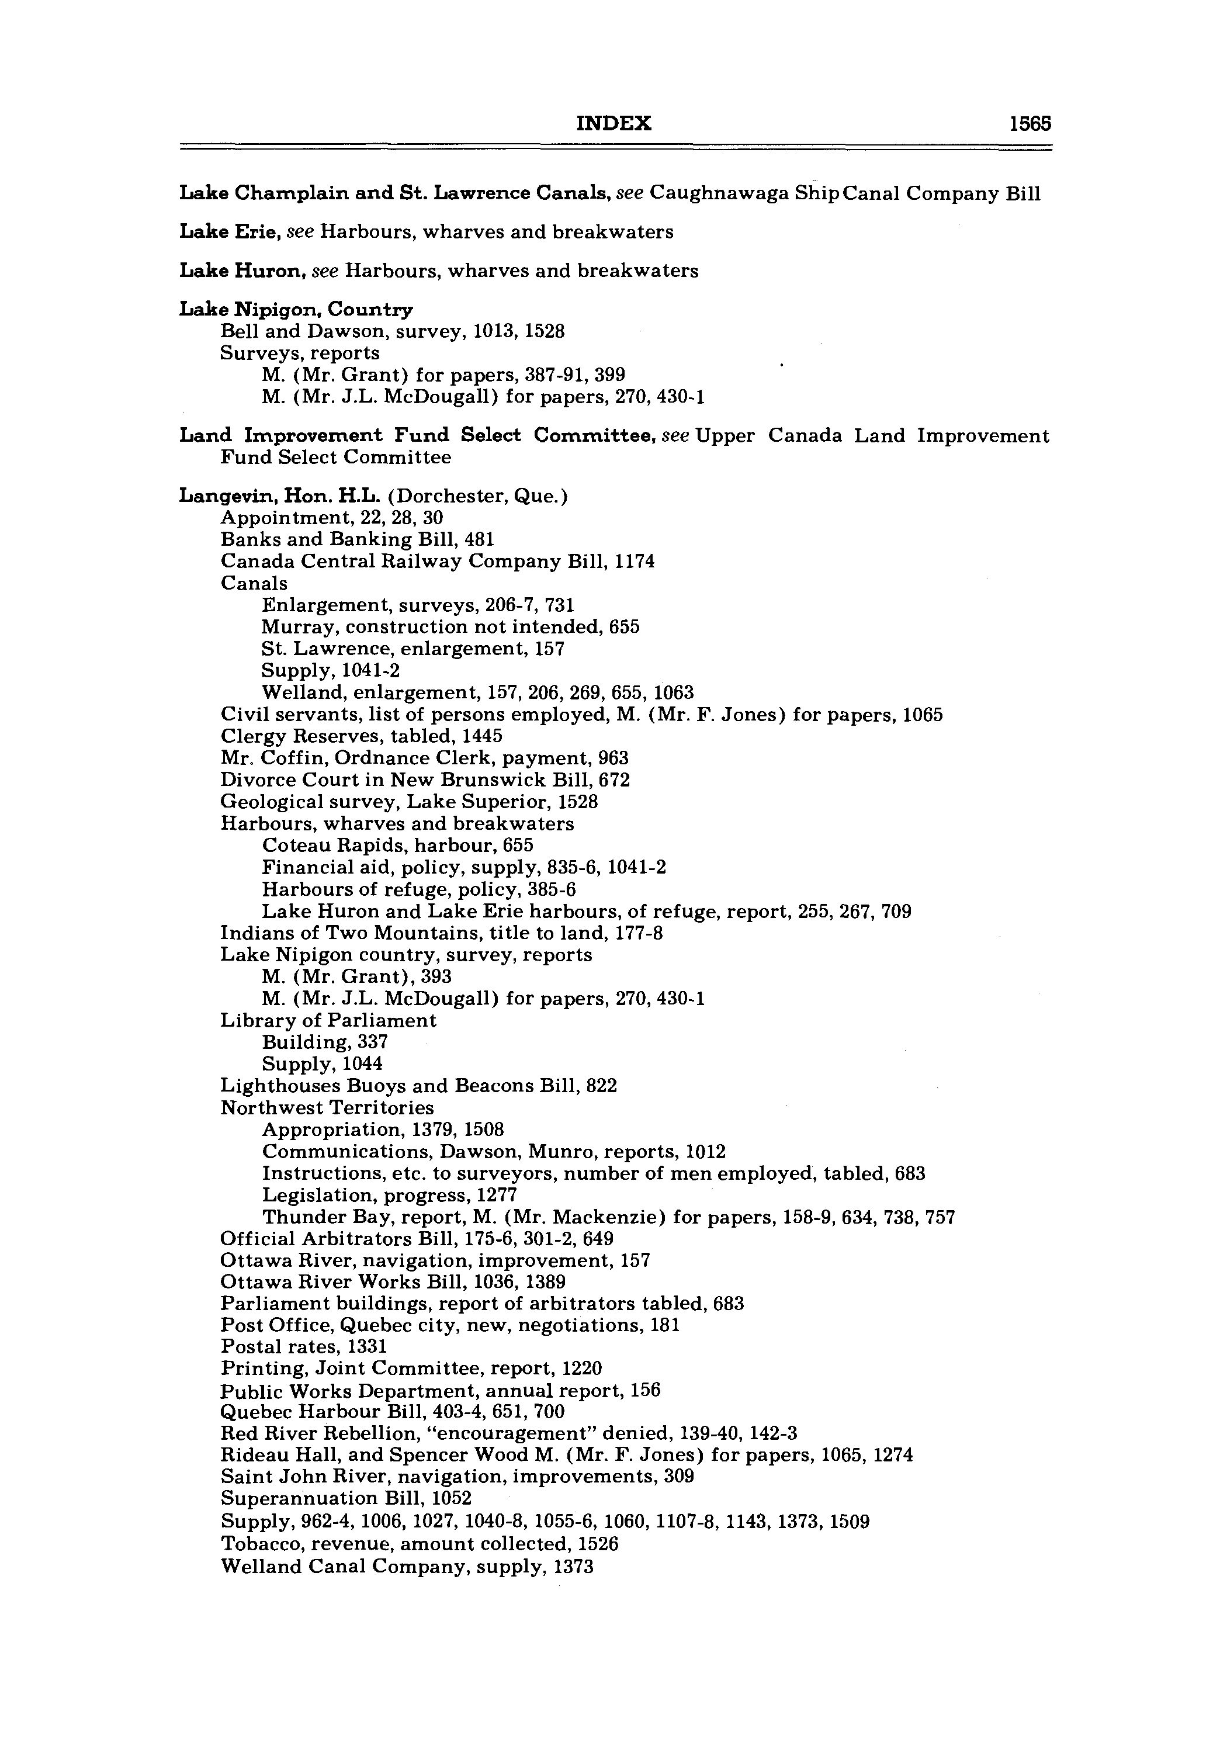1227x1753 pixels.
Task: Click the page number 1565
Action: click(1030, 124)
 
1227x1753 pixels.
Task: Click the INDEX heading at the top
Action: click(613, 124)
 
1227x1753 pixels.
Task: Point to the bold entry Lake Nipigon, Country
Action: click(296, 309)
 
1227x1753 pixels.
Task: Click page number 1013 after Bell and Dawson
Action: click(493, 331)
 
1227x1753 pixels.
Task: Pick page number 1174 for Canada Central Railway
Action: click(635, 562)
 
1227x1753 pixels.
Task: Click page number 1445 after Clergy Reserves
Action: click(482, 737)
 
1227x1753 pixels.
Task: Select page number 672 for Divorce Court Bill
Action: click(615, 780)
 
